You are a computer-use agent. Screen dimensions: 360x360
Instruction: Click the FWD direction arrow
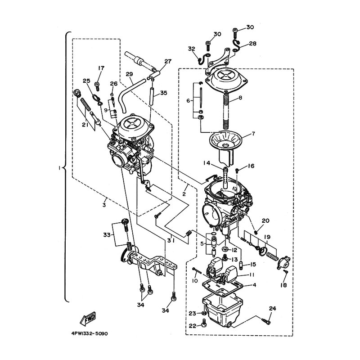pos(87,319)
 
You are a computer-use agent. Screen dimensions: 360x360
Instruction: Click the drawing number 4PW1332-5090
pos(90,333)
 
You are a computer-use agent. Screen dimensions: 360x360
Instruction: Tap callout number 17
pos(101,68)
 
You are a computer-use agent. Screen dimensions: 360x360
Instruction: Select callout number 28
pos(252,43)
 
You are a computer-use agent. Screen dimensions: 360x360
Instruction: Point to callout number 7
pos(253,133)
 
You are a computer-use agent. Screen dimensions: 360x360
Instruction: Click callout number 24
pos(272,308)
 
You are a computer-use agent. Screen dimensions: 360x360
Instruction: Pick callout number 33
pos(107,235)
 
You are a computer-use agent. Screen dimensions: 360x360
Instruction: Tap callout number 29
pos(130,74)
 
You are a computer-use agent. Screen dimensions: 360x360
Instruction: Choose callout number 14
pos(207,163)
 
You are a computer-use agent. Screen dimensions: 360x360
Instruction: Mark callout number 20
pos(265,220)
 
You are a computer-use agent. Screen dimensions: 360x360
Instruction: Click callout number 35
pos(164,93)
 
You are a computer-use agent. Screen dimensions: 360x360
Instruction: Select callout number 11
pos(252,275)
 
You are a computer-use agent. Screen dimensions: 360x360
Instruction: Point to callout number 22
pos(193,325)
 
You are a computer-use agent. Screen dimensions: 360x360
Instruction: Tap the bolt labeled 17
pos(97,86)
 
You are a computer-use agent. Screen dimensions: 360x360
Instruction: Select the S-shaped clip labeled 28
pos(237,46)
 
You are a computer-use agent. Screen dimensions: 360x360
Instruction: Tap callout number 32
pos(192,49)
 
